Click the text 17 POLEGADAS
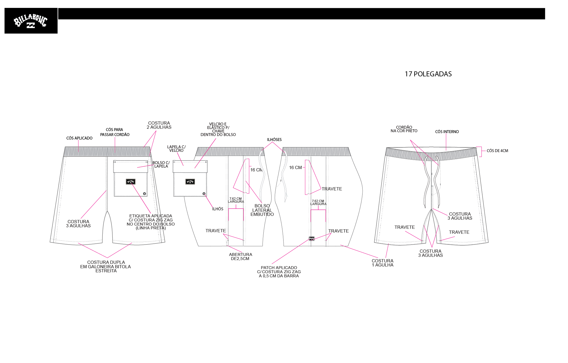click(x=428, y=74)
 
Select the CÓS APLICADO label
click(x=79, y=138)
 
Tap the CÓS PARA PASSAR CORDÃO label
click(x=115, y=132)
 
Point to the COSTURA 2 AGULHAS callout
click(x=159, y=125)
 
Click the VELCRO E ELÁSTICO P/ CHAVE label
click(x=218, y=130)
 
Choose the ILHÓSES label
click(x=274, y=140)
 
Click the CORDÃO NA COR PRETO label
click(x=404, y=129)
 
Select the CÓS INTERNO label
click(x=447, y=132)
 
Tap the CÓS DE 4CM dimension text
click(x=497, y=151)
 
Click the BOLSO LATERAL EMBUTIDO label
click(x=262, y=210)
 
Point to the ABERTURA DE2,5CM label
click(x=240, y=257)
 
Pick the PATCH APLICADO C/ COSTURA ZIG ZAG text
click(x=279, y=272)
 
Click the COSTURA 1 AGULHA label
click(x=382, y=263)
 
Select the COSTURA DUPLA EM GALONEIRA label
click(x=106, y=266)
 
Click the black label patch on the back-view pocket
click(x=131, y=182)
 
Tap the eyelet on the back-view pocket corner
click(x=144, y=194)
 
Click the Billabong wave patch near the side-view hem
click(x=312, y=239)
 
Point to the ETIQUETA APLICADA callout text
click(x=151, y=222)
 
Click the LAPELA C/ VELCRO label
click(x=176, y=149)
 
